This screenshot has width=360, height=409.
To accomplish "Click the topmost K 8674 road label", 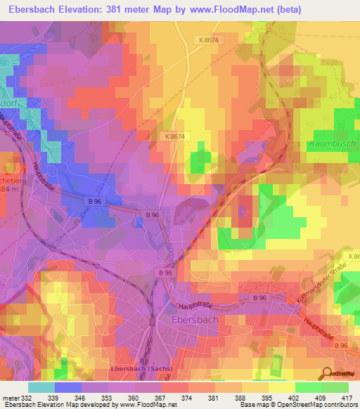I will coord(210,40).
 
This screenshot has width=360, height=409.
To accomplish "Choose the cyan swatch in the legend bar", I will coord(41,387).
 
